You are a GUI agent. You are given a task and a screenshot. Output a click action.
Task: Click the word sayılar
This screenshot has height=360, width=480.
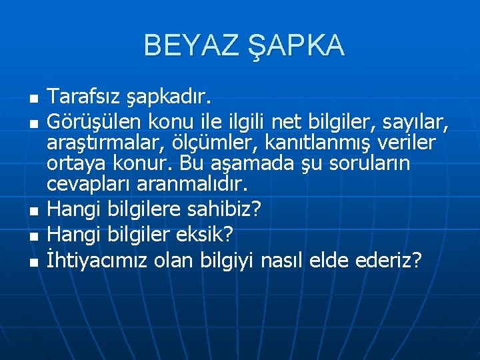coord(419,121)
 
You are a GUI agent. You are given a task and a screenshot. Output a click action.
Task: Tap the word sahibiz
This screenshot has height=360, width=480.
coord(230,209)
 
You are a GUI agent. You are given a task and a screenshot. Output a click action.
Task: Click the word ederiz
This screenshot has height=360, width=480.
coord(388,260)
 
